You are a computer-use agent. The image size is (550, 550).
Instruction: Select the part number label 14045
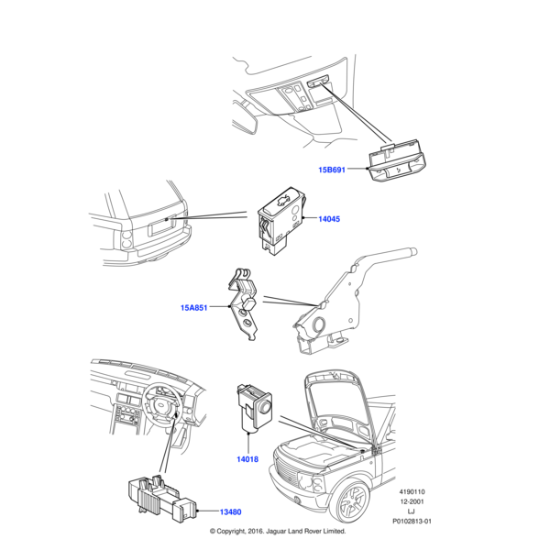(328, 220)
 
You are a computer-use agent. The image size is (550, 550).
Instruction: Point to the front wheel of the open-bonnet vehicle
(351, 500)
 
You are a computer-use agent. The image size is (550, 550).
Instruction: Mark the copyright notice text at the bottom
(278, 531)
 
